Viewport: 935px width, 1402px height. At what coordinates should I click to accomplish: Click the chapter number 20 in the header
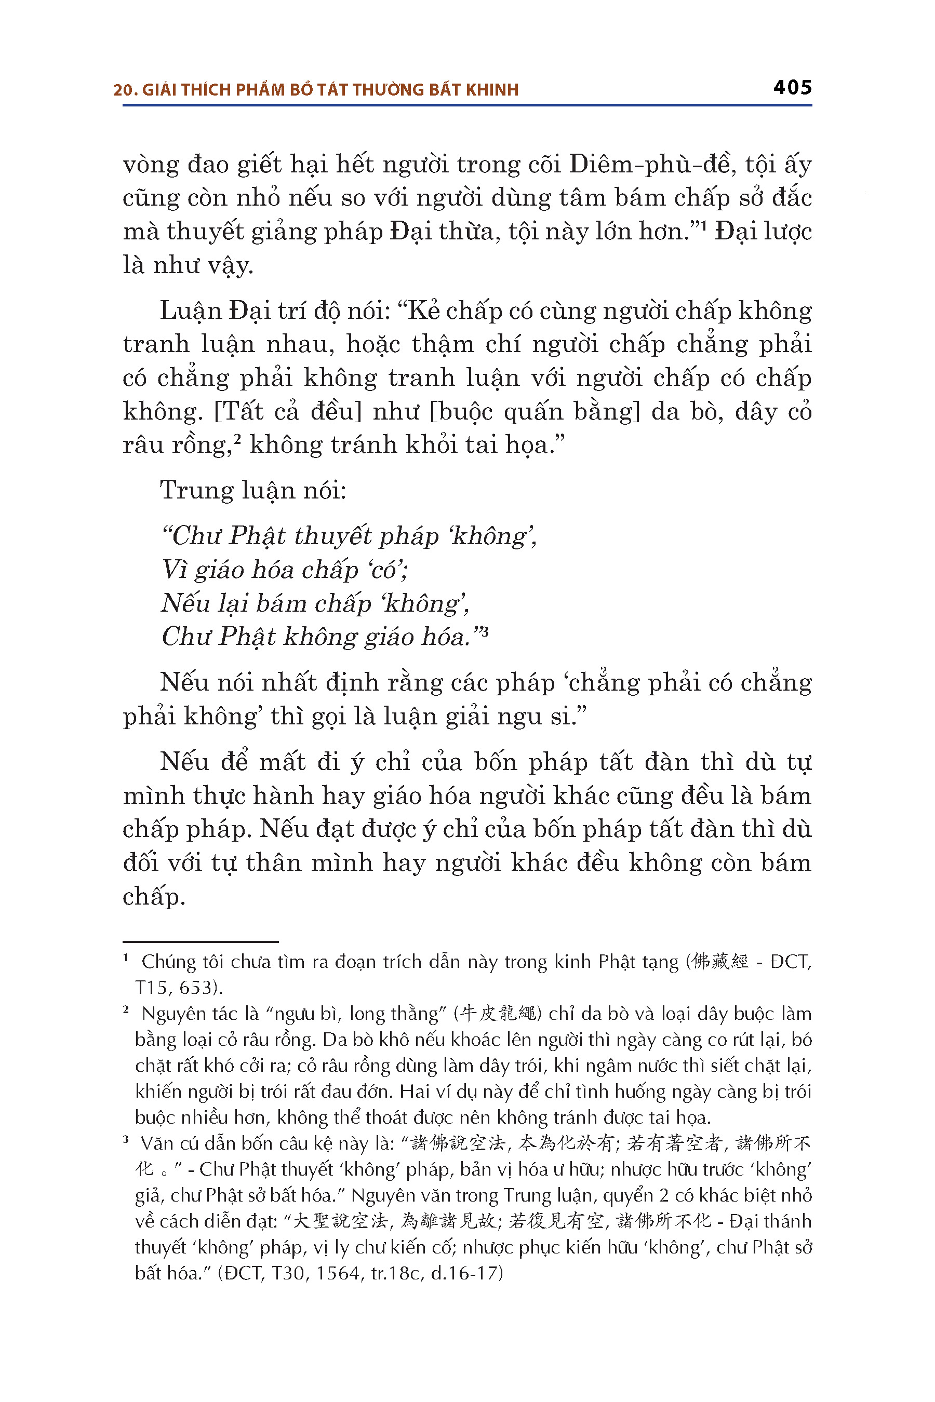(x=122, y=90)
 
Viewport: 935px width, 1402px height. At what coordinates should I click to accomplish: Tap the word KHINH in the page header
(x=492, y=90)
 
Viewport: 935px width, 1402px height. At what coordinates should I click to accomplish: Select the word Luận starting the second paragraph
(x=190, y=311)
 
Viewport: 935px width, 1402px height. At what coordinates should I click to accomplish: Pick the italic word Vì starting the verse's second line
(x=173, y=570)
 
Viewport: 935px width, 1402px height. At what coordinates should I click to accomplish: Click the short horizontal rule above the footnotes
(x=201, y=942)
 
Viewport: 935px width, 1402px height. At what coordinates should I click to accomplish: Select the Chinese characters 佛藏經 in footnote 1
(x=719, y=962)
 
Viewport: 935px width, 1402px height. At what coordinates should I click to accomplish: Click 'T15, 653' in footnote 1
(x=177, y=988)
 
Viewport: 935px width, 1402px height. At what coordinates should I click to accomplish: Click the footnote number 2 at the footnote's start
(x=126, y=1010)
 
